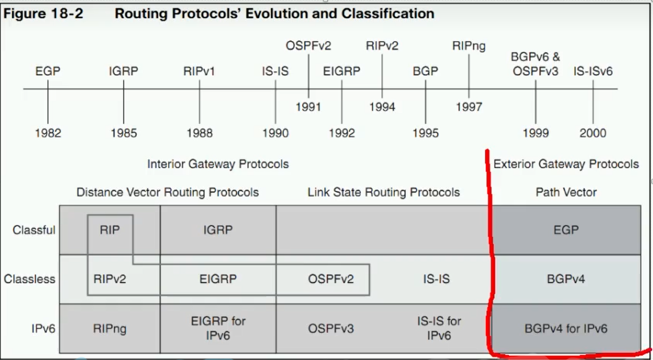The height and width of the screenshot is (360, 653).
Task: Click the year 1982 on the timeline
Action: point(48,133)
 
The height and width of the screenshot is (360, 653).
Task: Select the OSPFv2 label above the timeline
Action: point(308,46)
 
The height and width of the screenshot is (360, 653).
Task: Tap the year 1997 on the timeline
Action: point(469,107)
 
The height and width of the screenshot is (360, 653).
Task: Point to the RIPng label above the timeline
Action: point(469,46)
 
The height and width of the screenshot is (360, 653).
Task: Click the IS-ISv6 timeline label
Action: point(593,71)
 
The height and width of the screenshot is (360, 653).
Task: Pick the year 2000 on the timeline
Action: point(593,133)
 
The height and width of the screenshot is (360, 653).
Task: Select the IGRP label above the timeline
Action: point(124,71)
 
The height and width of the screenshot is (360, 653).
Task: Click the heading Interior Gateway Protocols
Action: point(218,164)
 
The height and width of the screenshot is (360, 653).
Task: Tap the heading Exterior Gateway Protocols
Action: point(566,164)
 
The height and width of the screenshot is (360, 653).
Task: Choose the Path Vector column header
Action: point(566,192)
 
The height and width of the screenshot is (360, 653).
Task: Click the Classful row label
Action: point(34,230)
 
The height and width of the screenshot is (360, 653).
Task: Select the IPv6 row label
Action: point(43,329)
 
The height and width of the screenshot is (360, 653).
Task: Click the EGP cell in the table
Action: point(566,230)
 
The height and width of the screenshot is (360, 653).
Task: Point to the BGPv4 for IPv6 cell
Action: point(566,329)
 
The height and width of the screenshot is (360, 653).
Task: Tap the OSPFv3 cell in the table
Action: point(331,329)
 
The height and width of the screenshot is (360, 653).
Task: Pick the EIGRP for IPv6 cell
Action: point(218,328)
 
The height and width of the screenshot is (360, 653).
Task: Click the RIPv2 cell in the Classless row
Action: point(110,279)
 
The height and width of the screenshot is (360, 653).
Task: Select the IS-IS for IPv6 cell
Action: point(439,328)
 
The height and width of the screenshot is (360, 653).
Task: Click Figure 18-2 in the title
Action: point(43,13)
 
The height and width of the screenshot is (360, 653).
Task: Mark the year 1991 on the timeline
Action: point(308,107)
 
